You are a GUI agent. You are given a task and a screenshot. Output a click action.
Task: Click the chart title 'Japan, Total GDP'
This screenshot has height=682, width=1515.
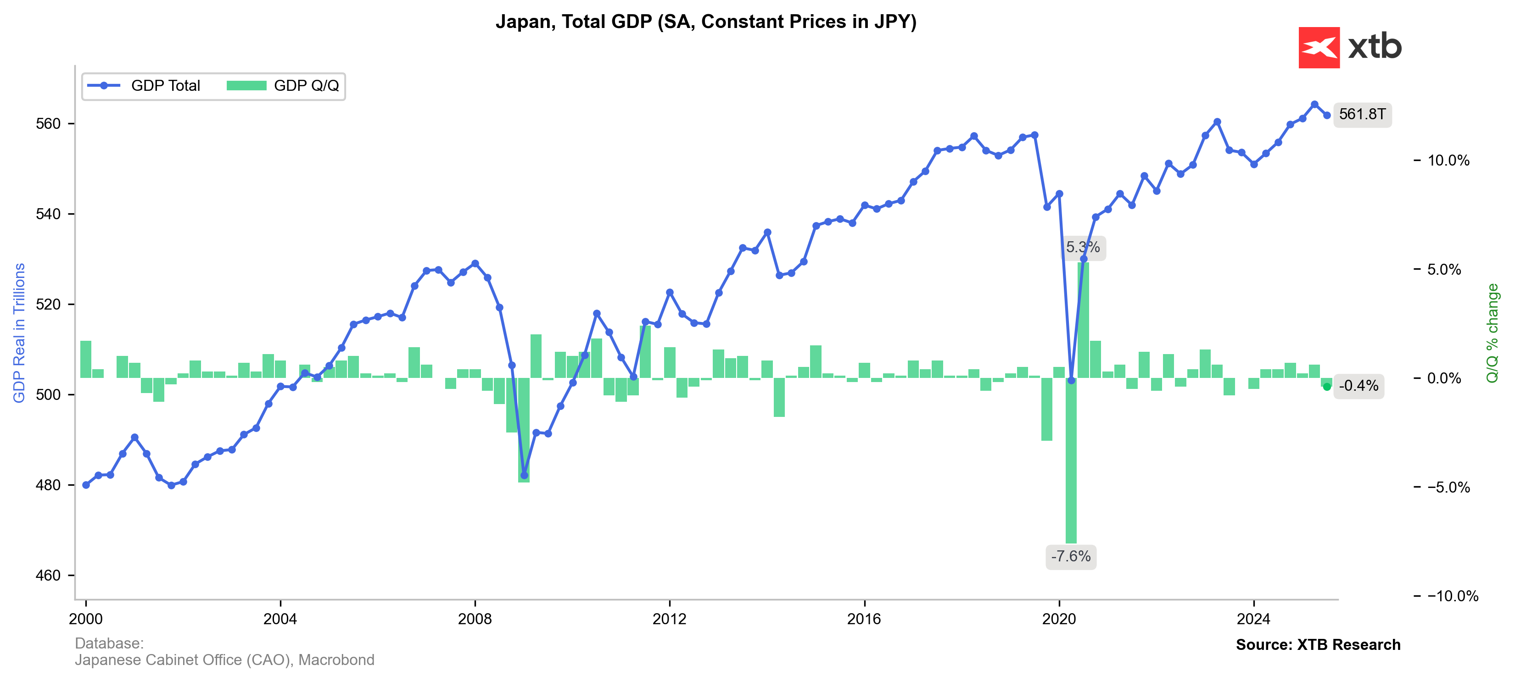pyautogui.click(x=706, y=22)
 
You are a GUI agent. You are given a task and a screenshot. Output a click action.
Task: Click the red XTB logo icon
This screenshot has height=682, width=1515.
pyautogui.click(x=1319, y=48)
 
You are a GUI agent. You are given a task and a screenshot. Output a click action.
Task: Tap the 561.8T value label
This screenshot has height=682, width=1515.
pyautogui.click(x=1362, y=114)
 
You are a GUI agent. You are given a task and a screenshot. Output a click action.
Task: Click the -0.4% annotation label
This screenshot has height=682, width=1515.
pyautogui.click(x=1358, y=386)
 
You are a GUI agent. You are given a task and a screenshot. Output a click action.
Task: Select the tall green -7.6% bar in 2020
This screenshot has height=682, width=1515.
pyautogui.click(x=1071, y=465)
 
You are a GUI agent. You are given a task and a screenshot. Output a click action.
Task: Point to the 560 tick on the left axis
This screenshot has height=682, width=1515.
pyautogui.click(x=48, y=123)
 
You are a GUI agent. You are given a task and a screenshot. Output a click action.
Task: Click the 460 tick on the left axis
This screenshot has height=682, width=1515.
pyautogui.click(x=48, y=576)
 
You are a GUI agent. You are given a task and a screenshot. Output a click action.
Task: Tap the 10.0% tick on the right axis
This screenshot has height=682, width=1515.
pyautogui.click(x=1448, y=161)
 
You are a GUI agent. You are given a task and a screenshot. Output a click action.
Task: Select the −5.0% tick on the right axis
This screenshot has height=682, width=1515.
pyautogui.click(x=1448, y=488)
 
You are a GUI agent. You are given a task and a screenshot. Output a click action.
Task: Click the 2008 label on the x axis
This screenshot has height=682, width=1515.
pyautogui.click(x=475, y=619)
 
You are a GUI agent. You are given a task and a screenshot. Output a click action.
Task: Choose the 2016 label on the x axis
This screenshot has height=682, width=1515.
pyautogui.click(x=864, y=619)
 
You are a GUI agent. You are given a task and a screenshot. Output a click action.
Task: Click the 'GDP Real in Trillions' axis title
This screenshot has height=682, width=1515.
pyautogui.click(x=19, y=333)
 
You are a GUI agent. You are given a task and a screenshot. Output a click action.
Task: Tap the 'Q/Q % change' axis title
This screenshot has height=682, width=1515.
pyautogui.click(x=1492, y=333)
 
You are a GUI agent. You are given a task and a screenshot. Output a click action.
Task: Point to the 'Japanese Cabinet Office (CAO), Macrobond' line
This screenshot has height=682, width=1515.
pyautogui.click(x=225, y=660)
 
